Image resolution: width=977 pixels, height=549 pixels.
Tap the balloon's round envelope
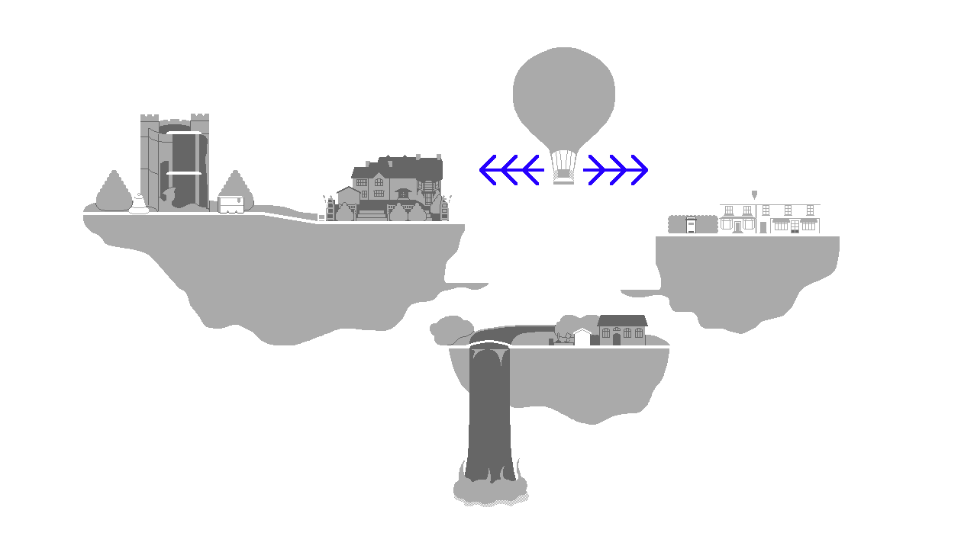(563, 91)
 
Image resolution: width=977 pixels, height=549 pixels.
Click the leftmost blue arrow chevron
(488, 170)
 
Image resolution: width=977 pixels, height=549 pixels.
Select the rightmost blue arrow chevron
(639, 170)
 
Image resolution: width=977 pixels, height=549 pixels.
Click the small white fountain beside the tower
(139, 204)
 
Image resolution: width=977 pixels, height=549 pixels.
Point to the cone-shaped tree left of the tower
(114, 192)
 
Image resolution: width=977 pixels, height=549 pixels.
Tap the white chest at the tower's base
(231, 204)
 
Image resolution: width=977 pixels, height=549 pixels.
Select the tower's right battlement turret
(200, 119)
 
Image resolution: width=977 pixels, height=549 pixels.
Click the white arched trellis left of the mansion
(326, 207)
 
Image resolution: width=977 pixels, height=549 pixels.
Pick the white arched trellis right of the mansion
(449, 207)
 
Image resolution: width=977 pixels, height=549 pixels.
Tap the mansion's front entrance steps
(372, 215)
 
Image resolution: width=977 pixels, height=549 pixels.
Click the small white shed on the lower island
(582, 338)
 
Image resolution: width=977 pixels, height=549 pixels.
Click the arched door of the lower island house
(617, 339)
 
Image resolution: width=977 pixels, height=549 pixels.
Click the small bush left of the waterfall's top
(452, 330)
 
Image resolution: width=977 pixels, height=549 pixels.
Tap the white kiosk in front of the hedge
(691, 225)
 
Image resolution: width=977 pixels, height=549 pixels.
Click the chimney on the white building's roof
(754, 194)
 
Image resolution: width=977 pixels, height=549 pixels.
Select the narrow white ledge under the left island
(466, 282)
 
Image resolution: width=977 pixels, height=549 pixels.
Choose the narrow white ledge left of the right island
(640, 288)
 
